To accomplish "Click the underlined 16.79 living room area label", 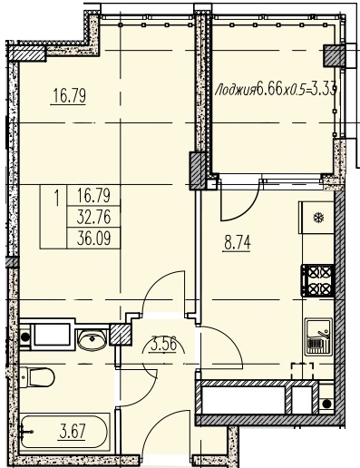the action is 69,96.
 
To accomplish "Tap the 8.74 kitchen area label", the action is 238,243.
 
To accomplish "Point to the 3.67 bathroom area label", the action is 73,431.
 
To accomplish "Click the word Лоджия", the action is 235,90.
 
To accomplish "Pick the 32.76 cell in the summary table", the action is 93,217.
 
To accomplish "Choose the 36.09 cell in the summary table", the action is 93,239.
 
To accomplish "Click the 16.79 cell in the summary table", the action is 93,196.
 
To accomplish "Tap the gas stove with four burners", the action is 317,280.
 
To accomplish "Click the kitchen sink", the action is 318,336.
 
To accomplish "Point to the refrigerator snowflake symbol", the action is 318,218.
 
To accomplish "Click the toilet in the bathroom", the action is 36,376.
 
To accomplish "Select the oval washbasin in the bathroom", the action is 92,339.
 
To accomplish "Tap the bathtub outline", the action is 63,432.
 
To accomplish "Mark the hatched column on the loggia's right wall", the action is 335,55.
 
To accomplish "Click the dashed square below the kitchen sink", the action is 302,371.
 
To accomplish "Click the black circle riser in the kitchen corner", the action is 326,404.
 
